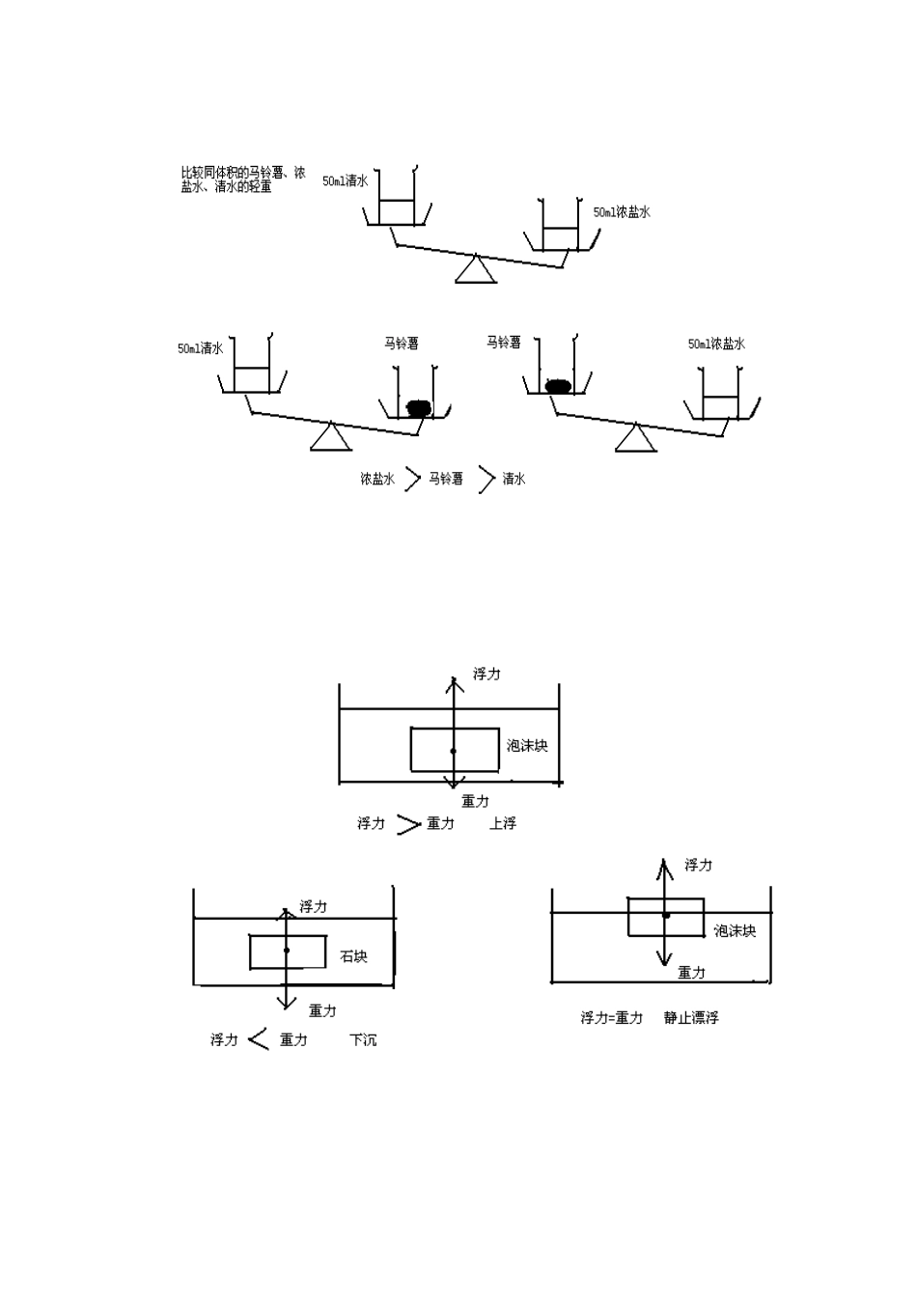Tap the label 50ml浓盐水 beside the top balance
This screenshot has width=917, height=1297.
tap(622, 212)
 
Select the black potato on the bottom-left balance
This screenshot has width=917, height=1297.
tap(419, 408)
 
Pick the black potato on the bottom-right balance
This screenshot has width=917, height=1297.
tap(559, 386)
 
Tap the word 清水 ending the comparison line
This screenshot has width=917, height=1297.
tap(514, 479)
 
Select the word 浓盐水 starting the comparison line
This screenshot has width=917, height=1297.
tap(377, 479)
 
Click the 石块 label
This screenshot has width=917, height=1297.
tap(353, 956)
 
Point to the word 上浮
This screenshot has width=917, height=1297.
tap(502, 823)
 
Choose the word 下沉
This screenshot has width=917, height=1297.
tap(363, 1039)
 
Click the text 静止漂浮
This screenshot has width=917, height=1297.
tap(691, 1017)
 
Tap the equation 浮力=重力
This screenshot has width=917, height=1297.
tap(612, 1017)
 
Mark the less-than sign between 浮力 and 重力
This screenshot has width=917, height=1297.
tap(259, 1038)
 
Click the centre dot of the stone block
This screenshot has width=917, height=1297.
tap(286, 951)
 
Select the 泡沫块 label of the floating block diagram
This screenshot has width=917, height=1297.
tap(735, 931)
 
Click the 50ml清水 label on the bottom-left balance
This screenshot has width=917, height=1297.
tap(201, 348)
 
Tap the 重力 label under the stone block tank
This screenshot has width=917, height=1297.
tap(322, 1011)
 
